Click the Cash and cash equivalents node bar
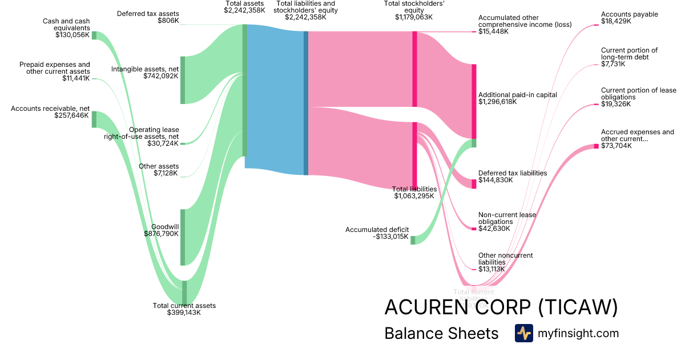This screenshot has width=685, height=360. point(94,35)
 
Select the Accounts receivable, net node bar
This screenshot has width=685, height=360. point(94,119)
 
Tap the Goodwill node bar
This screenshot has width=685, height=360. point(183,237)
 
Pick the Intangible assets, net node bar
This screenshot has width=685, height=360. point(183,80)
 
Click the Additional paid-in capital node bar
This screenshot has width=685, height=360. point(474,101)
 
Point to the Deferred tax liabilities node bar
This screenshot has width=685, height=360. point(474,183)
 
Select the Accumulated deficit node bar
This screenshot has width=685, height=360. point(413,240)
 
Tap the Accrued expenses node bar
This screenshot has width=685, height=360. point(597,146)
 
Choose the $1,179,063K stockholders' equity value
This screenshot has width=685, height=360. point(413,17)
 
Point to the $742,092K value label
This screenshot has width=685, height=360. point(161,75)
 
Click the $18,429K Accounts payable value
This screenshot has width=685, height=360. point(616,21)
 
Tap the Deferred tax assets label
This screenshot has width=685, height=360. point(148,13)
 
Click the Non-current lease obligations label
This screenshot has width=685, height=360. point(507,218)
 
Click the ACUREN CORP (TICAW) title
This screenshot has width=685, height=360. point(501,307)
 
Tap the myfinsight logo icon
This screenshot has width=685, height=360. point(523,333)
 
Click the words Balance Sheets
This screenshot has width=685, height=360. point(441,333)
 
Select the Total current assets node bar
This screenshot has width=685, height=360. point(184,293)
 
